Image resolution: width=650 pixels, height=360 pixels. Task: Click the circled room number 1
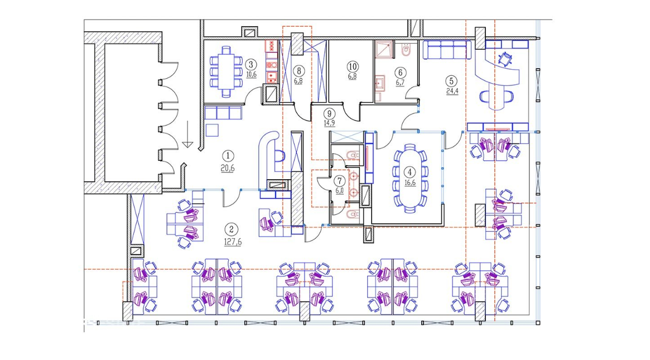pos(228,156)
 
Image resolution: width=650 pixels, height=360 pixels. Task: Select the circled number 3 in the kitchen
pos(251,65)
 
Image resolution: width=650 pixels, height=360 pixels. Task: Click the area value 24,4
pos(452,91)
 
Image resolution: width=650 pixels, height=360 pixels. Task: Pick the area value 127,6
pos(233,242)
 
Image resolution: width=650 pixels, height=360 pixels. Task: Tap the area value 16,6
pos(410,183)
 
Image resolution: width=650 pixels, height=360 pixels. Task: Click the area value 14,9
pos(329,123)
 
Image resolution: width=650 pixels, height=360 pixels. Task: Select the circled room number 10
pos(353,67)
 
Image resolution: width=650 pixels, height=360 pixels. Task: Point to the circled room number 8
pos(298,71)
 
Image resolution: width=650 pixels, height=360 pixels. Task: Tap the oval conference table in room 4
pos(410,178)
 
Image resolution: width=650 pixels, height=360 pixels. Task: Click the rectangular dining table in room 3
pos(227,71)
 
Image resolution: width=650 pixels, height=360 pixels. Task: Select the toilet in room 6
pos(406,51)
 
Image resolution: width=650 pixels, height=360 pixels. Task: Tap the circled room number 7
pos(340,181)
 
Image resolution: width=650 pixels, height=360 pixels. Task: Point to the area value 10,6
pos(251,75)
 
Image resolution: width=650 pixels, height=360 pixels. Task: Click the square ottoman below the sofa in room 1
pos(212,130)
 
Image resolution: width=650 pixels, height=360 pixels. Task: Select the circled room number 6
pos(401,73)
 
